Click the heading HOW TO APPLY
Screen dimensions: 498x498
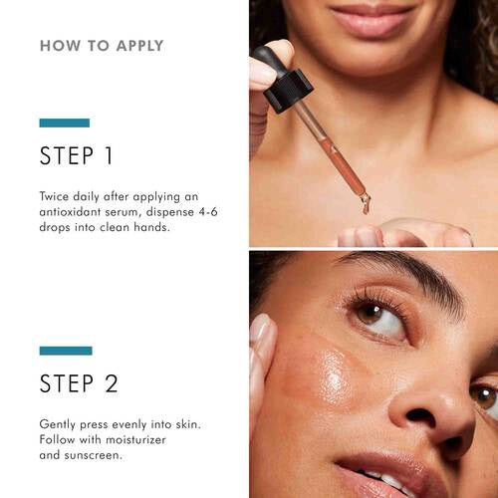tap(102, 46)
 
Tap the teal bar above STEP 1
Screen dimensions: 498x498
tap(64, 123)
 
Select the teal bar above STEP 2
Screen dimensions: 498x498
tap(66, 351)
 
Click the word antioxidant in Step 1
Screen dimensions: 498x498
tap(77, 213)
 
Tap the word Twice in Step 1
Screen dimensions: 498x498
tap(56, 196)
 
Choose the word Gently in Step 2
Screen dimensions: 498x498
tap(59, 423)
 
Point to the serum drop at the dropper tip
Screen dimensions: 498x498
tap(366, 205)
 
